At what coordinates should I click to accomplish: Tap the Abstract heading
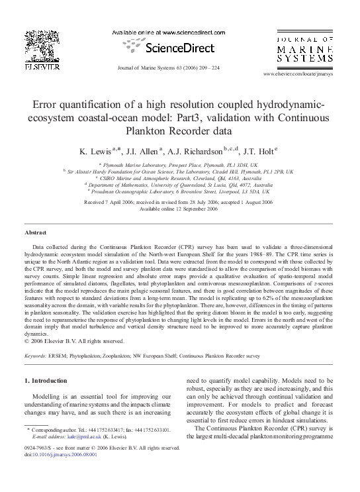pos(35,234)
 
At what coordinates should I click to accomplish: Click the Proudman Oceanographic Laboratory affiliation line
pos(180,190)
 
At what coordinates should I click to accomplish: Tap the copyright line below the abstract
pos(74,341)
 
